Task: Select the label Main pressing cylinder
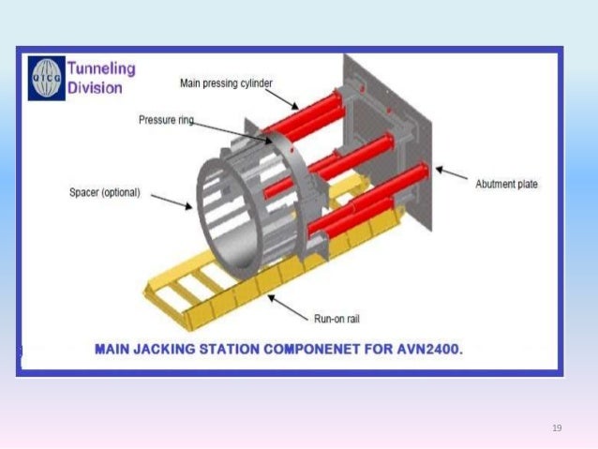click(x=226, y=83)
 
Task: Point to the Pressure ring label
click(x=165, y=120)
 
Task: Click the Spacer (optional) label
click(x=105, y=192)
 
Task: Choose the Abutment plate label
click(x=506, y=185)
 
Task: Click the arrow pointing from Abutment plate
click(x=452, y=176)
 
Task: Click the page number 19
click(x=557, y=428)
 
